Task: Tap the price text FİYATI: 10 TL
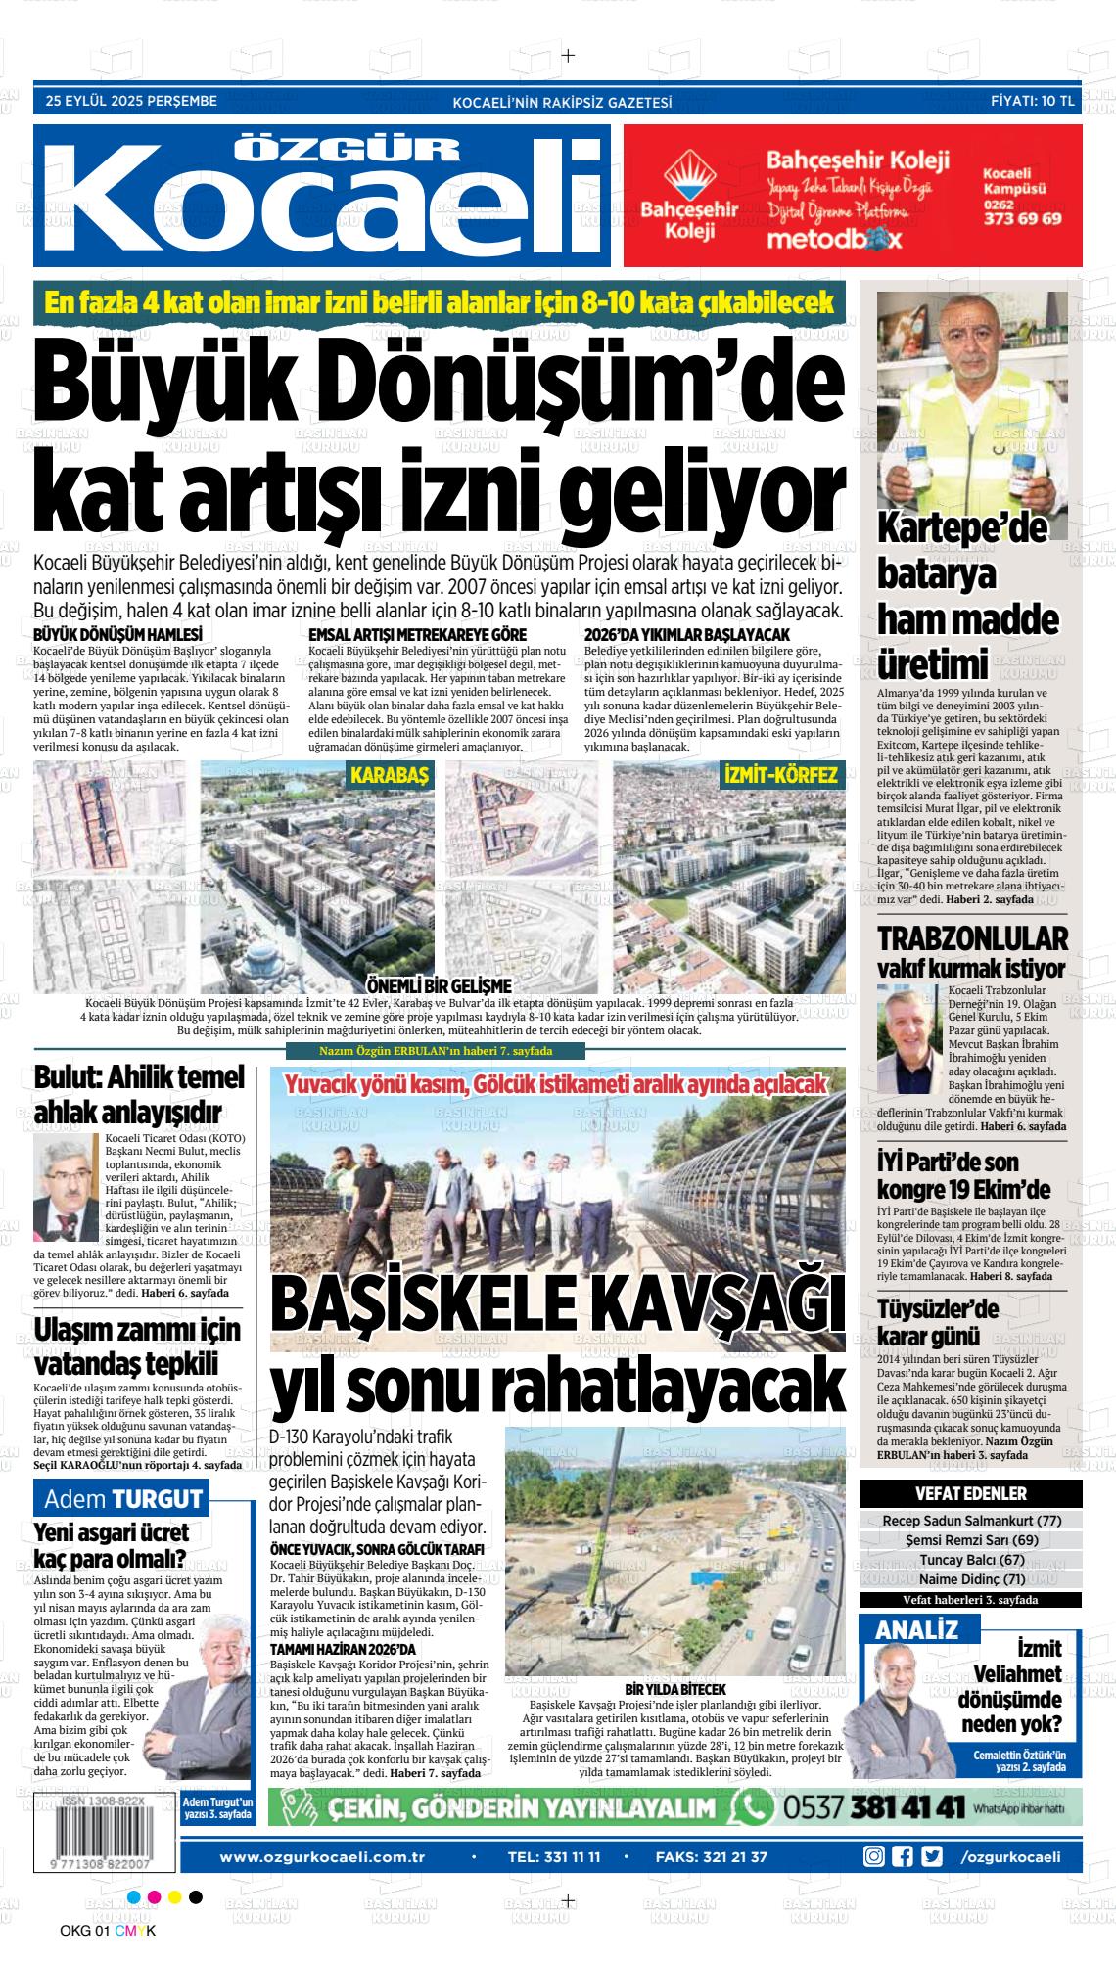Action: click(1032, 101)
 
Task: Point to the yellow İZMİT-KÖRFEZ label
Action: click(779, 776)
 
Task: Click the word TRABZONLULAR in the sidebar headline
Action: click(971, 937)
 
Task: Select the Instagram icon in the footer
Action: click(874, 1856)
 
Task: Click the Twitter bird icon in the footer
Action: click(931, 1856)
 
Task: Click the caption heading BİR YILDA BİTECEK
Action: click(674, 1690)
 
